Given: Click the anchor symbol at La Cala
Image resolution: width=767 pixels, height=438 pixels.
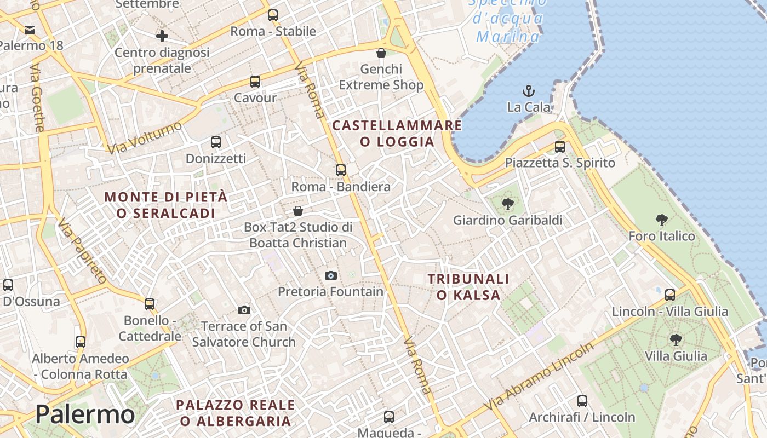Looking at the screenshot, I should [529, 91].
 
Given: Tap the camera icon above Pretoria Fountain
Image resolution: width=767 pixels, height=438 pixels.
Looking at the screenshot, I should [330, 275].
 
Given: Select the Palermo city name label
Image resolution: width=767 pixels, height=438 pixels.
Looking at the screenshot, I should [85, 414].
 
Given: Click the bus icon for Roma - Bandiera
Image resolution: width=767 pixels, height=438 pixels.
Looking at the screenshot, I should [341, 170].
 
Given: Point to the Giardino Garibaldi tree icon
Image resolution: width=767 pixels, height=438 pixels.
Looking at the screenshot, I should [507, 204].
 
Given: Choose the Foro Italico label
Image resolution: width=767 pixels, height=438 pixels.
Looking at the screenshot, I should [662, 236].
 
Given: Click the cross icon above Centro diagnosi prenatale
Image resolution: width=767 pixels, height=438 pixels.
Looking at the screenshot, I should [162, 37].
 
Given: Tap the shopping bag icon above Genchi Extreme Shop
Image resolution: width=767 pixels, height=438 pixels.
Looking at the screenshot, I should [381, 53].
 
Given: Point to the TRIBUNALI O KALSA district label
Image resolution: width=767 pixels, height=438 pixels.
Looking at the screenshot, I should [468, 287].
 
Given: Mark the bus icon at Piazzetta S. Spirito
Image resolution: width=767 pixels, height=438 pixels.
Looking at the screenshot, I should [559, 147].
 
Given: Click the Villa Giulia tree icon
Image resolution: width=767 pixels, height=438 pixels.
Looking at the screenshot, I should [676, 340].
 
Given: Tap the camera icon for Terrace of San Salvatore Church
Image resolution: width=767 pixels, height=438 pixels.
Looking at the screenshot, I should [244, 310].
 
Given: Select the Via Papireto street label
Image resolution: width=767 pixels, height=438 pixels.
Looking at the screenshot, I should [82, 251].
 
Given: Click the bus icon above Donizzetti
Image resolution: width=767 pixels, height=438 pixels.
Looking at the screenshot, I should [216, 142].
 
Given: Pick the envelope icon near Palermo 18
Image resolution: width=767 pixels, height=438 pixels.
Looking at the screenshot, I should [30, 30].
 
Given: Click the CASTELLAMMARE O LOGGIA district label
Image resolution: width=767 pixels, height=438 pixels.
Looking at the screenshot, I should [397, 134].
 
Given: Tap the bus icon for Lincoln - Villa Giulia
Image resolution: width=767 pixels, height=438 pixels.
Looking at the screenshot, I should [669, 295].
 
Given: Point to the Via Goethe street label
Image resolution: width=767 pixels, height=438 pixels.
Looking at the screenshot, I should [37, 98].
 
